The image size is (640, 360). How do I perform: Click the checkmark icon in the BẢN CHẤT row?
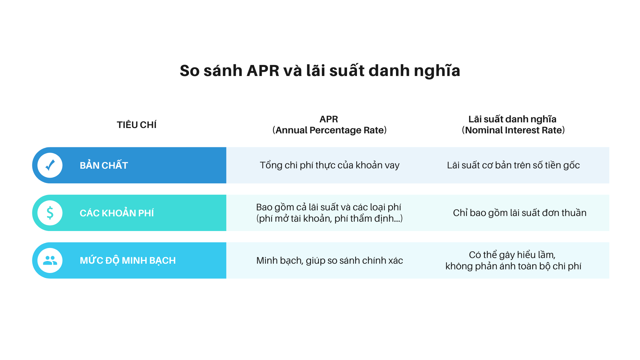pyautogui.click(x=50, y=165)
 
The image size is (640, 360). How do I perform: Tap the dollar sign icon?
pyautogui.click(x=50, y=213)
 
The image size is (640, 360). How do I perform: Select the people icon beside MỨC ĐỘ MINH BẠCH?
pyautogui.click(x=50, y=260)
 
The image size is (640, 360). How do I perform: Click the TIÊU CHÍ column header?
pyautogui.click(x=136, y=125)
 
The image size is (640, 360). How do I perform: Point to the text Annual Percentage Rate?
pyautogui.click(x=329, y=130)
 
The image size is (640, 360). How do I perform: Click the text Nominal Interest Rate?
pyautogui.click(x=513, y=130)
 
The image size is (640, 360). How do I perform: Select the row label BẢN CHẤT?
pyautogui.click(x=104, y=165)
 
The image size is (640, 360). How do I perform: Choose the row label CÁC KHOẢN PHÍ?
pyautogui.click(x=117, y=213)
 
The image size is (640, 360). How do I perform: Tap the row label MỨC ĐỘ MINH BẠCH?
pyautogui.click(x=128, y=260)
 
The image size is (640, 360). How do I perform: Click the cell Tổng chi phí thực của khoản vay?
pyautogui.click(x=329, y=165)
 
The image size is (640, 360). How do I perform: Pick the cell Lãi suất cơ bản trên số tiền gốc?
pyautogui.click(x=513, y=165)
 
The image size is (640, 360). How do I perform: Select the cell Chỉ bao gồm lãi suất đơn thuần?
pyautogui.click(x=519, y=213)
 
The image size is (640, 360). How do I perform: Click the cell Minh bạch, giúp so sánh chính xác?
pyautogui.click(x=329, y=260)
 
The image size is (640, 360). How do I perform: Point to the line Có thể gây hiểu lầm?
pyautogui.click(x=512, y=255)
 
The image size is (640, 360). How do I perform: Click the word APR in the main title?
pyautogui.click(x=263, y=71)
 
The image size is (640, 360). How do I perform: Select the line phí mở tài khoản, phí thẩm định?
pyautogui.click(x=329, y=219)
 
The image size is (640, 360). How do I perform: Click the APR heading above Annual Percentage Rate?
pyautogui.click(x=329, y=119)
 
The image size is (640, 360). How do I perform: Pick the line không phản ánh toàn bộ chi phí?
pyautogui.click(x=513, y=266)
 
